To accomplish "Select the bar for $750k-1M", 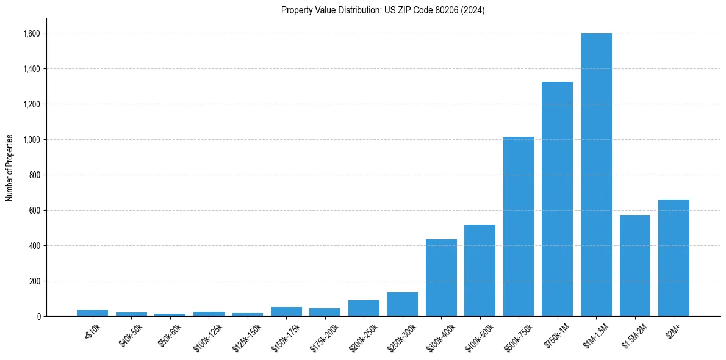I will coord(557,199).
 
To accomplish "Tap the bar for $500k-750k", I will coord(519,226).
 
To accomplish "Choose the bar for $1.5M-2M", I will coord(635,265).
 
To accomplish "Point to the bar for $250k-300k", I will coord(402,304).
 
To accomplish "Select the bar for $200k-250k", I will coord(364,308).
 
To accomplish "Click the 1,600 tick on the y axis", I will coord(32,34).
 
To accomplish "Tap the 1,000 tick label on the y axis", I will coord(32,140).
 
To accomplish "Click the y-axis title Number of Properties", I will coord(9,168).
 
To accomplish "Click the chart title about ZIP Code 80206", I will coord(383,10).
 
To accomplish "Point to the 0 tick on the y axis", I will coord(39,317).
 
